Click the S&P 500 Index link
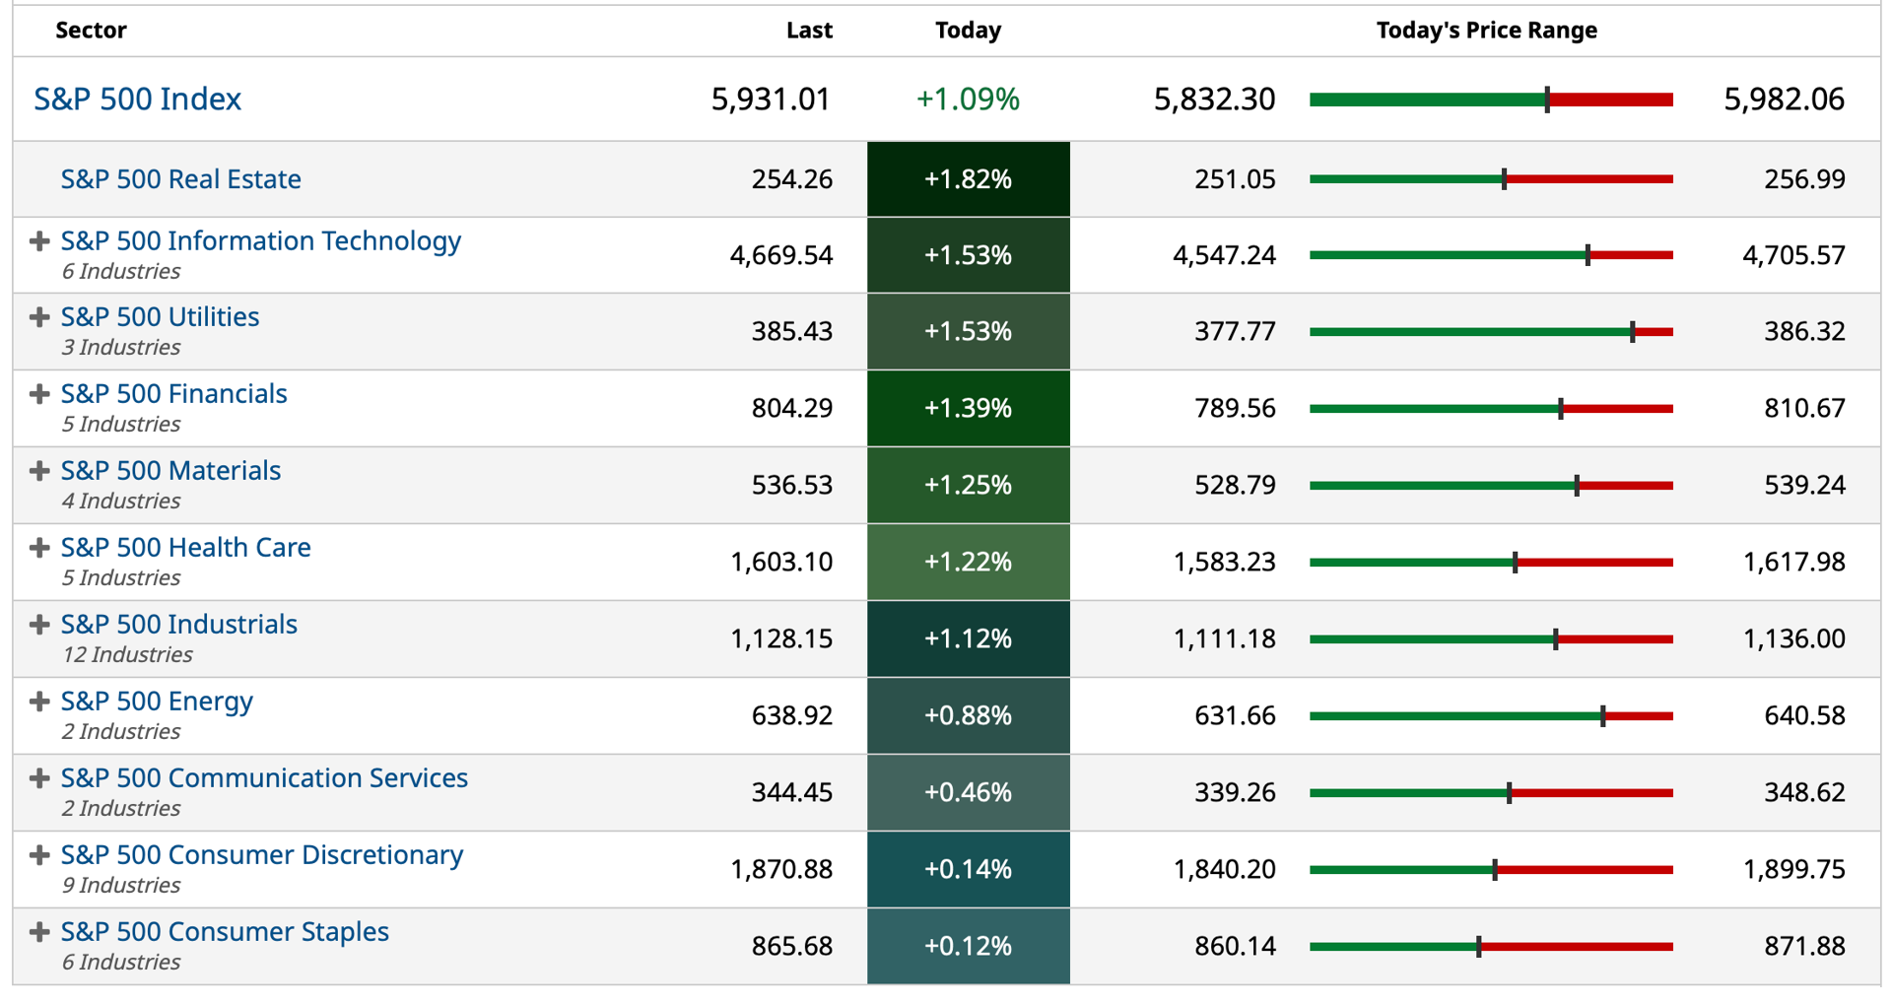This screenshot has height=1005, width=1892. coord(137,99)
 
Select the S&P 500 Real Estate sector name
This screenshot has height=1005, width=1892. coord(181,178)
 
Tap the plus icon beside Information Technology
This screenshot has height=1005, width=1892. coord(39,241)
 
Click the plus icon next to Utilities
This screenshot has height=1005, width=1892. coord(39,317)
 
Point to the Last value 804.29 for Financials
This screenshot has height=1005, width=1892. coord(792,408)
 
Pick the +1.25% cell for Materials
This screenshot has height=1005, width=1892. coord(969,485)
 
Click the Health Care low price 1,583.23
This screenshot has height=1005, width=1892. coord(1225,562)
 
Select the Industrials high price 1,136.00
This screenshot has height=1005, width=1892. coord(1794,638)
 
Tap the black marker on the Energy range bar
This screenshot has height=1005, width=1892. coord(1603,716)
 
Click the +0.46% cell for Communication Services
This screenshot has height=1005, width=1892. coord(969,792)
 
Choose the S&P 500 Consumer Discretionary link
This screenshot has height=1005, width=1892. coord(262,854)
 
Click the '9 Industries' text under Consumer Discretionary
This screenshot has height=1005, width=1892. coord(121,885)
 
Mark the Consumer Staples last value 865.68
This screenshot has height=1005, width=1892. coord(792,946)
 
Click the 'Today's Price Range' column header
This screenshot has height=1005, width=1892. coord(1487,31)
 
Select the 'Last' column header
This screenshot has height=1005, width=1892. coord(809,31)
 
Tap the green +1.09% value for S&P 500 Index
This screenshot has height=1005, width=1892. coord(968,99)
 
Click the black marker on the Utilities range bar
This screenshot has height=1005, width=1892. coord(1633,332)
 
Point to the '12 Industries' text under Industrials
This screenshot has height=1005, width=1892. coord(127,654)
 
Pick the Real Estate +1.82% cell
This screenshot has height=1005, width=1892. coord(969,179)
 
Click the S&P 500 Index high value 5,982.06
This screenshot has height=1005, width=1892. coord(1785,99)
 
